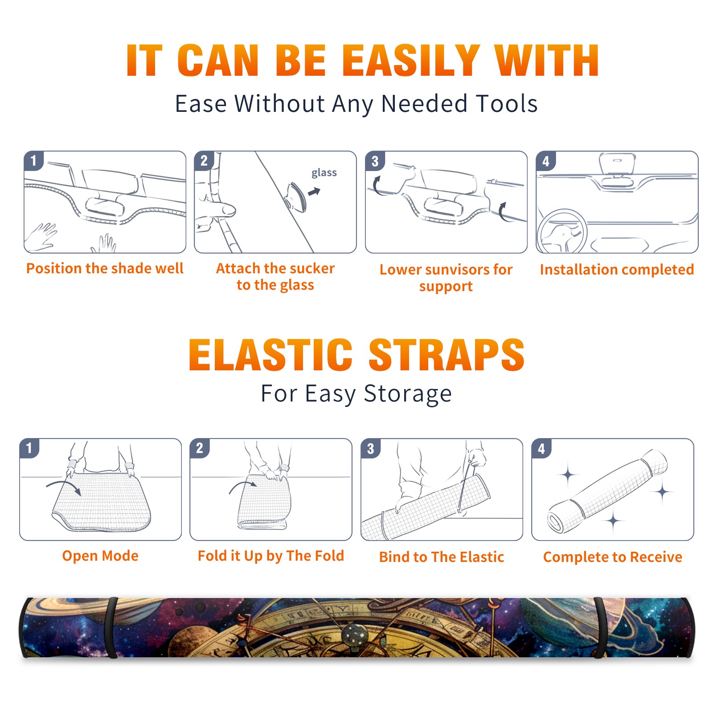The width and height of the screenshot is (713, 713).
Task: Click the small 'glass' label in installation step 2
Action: (324, 173)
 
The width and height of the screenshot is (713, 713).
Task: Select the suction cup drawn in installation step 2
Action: (295, 197)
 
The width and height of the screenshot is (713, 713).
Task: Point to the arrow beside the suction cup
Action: (315, 192)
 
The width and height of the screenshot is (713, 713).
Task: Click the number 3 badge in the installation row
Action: (375, 161)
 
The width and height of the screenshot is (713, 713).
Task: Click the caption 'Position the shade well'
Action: (105, 268)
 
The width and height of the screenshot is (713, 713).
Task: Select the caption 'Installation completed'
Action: (617, 270)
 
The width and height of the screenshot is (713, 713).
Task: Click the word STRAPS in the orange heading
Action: (447, 355)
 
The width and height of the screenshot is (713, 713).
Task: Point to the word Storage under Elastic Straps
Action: (408, 394)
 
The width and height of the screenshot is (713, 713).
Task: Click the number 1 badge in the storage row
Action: (29, 448)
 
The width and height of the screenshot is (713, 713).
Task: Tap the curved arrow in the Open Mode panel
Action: (64, 487)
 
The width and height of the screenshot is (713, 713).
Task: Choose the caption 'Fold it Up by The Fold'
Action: (271, 556)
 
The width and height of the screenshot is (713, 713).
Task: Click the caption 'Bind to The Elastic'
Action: (442, 557)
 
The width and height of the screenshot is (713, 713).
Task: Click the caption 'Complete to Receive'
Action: (613, 557)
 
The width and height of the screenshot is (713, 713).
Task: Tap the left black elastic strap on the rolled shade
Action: (111, 627)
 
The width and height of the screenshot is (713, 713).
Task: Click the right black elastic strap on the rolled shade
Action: (600, 627)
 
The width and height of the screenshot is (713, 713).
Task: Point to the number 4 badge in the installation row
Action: (546, 161)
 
